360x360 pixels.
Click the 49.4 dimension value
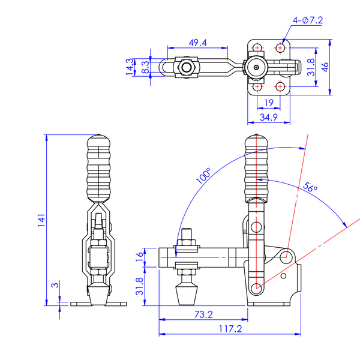click(197, 43)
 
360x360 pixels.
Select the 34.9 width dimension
click(267, 118)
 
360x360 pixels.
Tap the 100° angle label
click(203, 176)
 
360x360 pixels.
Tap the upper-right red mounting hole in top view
click(280, 47)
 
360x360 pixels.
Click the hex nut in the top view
click(187, 67)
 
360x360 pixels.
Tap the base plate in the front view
click(99, 304)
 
